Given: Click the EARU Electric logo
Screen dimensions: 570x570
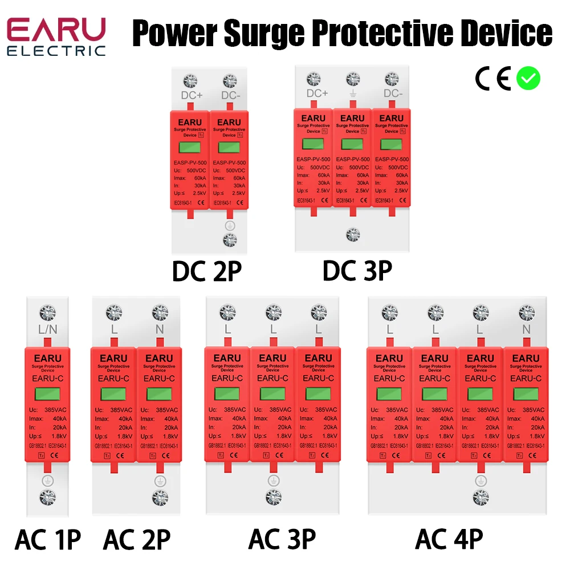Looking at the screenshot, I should coord(56,36).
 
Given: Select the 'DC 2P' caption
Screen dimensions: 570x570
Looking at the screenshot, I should coord(207,271).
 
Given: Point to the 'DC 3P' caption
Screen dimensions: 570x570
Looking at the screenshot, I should coord(357,271).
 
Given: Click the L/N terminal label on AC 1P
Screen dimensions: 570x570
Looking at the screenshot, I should coord(47,330).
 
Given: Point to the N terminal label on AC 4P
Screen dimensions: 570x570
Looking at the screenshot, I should coord(526,330).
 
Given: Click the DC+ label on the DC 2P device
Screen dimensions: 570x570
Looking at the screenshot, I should coord(192,95).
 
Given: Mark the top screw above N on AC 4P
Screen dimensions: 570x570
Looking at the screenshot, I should coord(526,312).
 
